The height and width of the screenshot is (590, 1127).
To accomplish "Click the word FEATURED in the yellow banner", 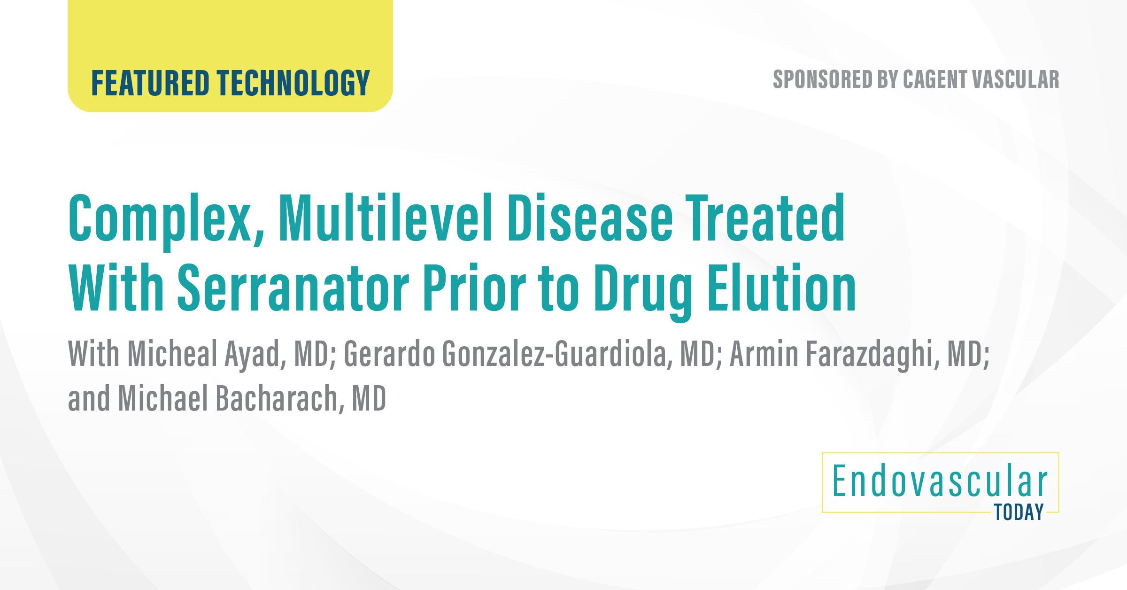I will coord(150,83).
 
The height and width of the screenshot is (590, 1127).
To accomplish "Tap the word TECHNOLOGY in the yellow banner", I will coord(293,83).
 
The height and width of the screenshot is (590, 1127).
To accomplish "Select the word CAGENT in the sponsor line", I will coord(934,79).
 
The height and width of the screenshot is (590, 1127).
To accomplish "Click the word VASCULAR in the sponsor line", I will coord(1015,79).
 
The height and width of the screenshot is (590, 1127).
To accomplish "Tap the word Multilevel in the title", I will coord(385,218).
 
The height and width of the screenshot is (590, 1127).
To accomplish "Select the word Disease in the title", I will coord(590,218).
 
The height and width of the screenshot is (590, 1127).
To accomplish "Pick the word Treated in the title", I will coord(765,218).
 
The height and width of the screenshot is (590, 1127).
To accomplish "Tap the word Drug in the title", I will coord(643,289).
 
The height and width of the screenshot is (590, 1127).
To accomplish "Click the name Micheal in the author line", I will coord(172,353).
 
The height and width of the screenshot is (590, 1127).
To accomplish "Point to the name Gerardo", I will coord(389,353).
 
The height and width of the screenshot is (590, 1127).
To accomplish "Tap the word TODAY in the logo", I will coord(1019,512).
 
